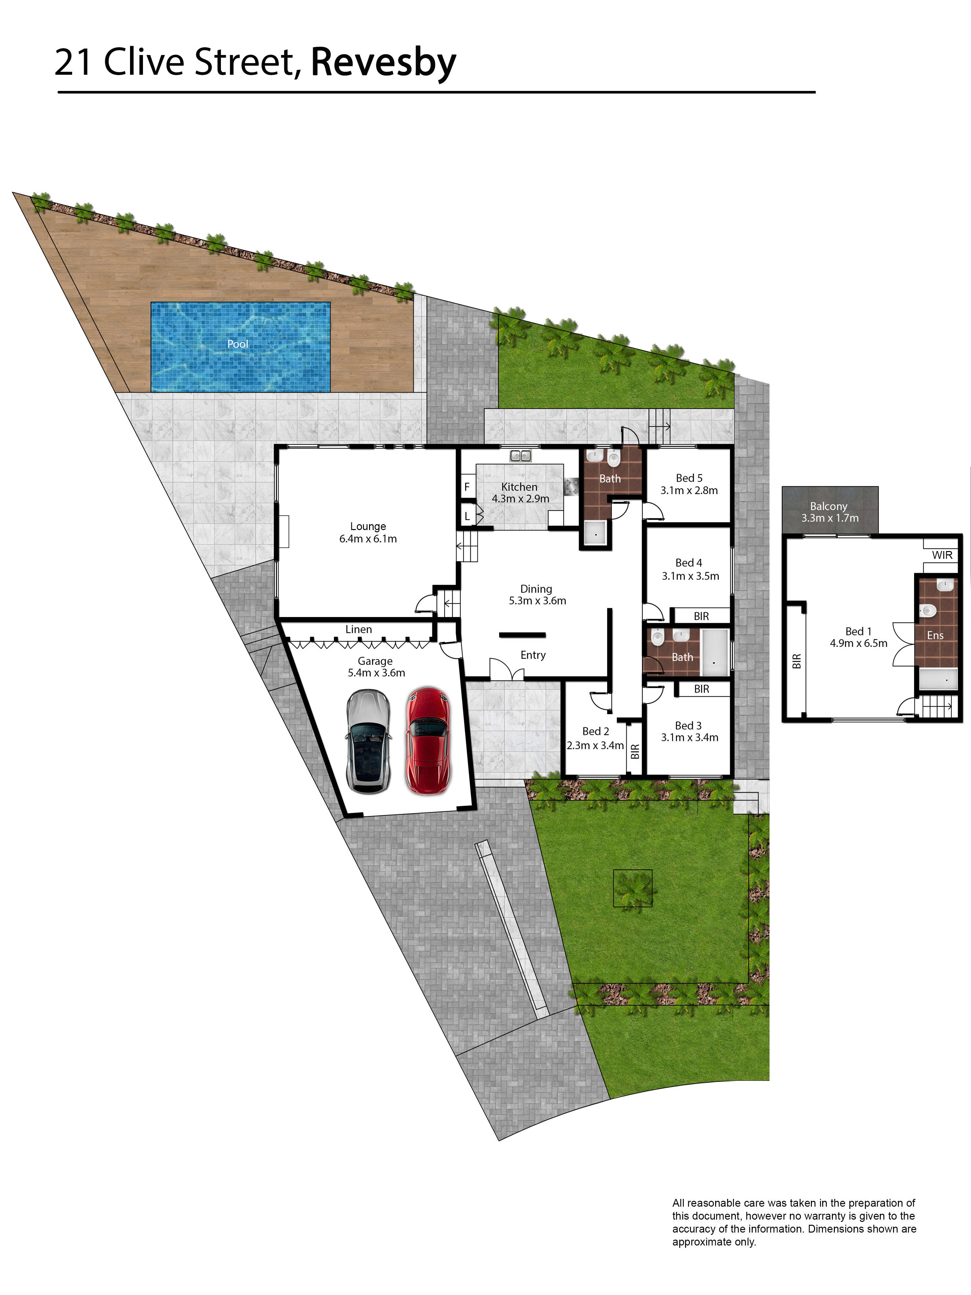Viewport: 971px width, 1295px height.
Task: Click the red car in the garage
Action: pyautogui.click(x=428, y=741)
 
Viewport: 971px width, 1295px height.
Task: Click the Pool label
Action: pyautogui.click(x=238, y=344)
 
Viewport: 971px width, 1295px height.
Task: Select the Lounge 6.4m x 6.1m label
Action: pyautogui.click(x=368, y=532)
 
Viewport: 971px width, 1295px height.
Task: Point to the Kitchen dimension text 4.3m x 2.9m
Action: pyautogui.click(x=520, y=499)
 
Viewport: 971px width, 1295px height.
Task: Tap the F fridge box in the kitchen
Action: pyautogui.click(x=467, y=486)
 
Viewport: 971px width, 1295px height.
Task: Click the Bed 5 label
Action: pyautogui.click(x=689, y=478)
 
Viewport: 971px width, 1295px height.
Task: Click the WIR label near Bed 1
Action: pyautogui.click(x=942, y=554)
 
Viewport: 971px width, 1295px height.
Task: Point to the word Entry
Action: pyautogui.click(x=533, y=655)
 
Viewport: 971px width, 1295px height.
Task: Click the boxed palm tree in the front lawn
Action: pyautogui.click(x=633, y=888)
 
